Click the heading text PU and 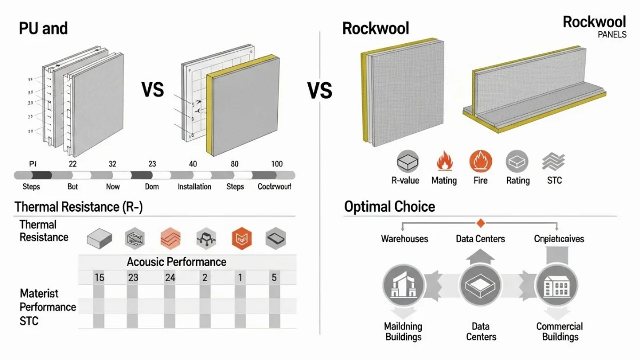click(x=43, y=28)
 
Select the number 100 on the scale click(x=276, y=164)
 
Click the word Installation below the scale click(x=194, y=187)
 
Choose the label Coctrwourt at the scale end click(x=274, y=187)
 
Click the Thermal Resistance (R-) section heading click(x=78, y=207)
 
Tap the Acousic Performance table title click(x=177, y=262)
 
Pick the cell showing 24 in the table click(x=170, y=277)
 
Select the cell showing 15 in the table click(x=99, y=277)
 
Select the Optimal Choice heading click(x=389, y=207)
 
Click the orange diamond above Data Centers click(x=480, y=223)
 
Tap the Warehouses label click(x=404, y=238)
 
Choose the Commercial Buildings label click(x=559, y=331)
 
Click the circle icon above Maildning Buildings click(x=404, y=286)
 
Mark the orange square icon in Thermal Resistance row click(x=241, y=237)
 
